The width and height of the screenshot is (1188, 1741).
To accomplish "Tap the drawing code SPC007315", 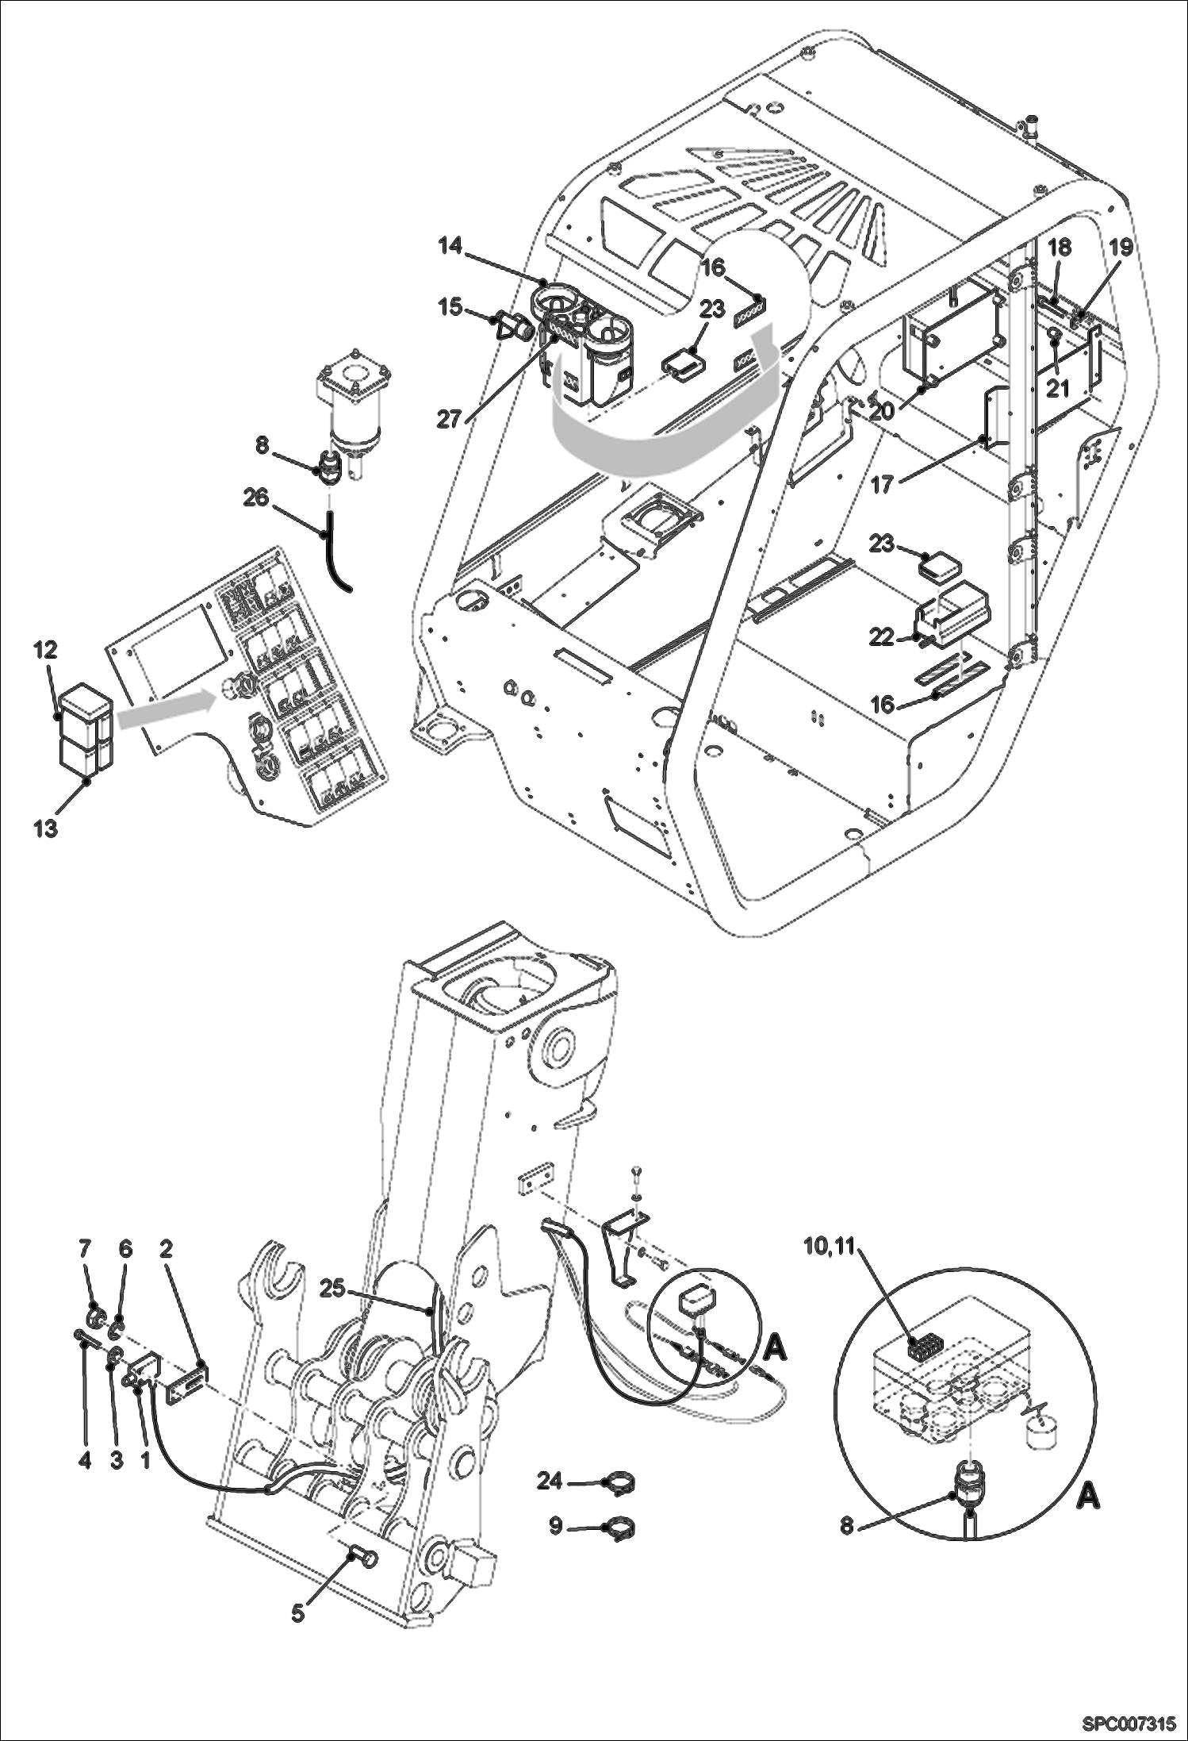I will [1126, 1723].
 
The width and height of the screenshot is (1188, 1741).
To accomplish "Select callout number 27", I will [449, 419].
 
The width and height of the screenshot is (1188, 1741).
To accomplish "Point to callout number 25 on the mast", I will [333, 1289].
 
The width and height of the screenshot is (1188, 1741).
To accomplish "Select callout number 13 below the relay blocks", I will [45, 829].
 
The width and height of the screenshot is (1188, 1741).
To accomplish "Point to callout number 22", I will [881, 638].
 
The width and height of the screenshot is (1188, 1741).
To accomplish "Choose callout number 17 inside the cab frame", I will [882, 484].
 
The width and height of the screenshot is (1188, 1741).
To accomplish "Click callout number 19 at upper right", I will [1120, 247].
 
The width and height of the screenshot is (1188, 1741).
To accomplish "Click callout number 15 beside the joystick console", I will [451, 306].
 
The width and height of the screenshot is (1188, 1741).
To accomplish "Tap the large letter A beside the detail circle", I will [1090, 1497].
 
